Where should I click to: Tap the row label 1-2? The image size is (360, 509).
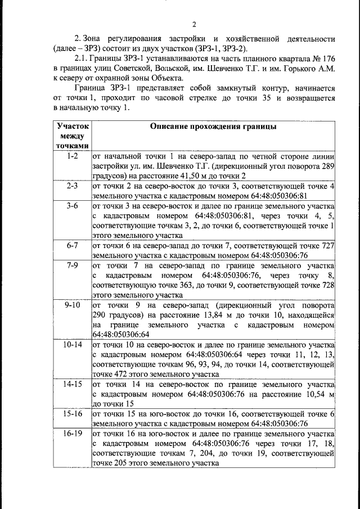72,156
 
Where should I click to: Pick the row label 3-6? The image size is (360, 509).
72,206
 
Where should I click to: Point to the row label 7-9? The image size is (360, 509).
72,265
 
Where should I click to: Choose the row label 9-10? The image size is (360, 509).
72,305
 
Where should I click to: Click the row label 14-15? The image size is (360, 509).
72,384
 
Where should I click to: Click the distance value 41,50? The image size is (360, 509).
177,176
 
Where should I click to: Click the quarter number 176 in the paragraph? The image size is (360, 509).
328,58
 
